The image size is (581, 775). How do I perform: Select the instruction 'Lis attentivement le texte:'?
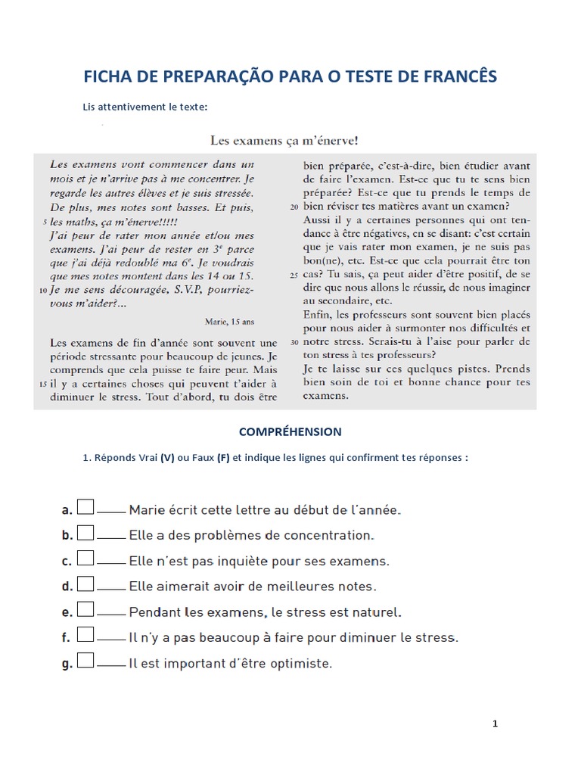(x=144, y=107)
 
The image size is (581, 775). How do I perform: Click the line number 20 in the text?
(x=294, y=206)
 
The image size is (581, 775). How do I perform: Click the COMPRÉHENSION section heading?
(x=290, y=431)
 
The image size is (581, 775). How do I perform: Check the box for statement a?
(x=85, y=507)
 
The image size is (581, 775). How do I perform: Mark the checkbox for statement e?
(x=85, y=609)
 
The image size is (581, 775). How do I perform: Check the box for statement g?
(x=85, y=661)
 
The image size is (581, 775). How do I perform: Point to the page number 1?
(x=495, y=724)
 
